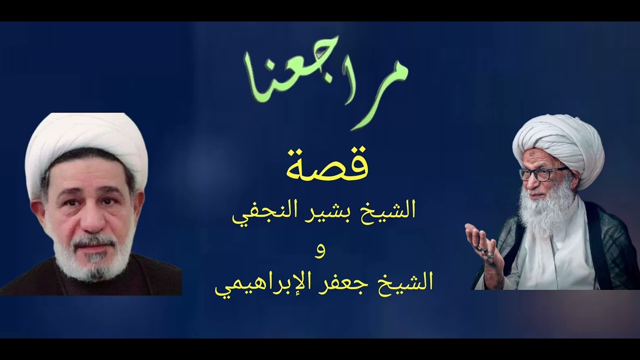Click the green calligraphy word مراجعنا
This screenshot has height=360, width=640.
325,80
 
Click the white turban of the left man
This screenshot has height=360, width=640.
85,140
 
